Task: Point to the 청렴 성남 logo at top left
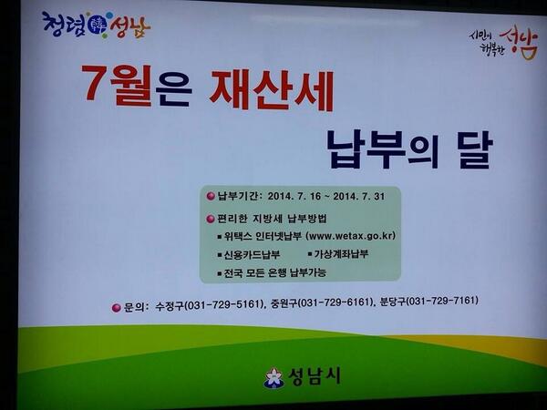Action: (x=95, y=26)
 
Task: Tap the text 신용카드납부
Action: (x=251, y=254)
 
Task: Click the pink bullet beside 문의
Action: (x=116, y=307)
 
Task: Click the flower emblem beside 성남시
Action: (x=273, y=377)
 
